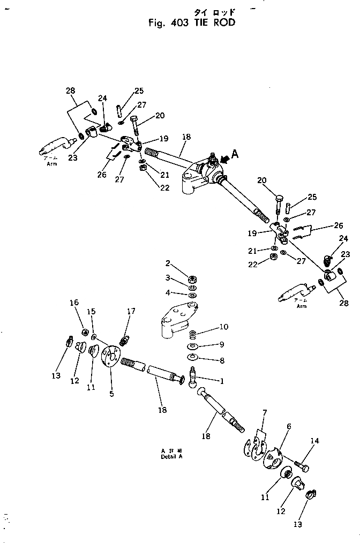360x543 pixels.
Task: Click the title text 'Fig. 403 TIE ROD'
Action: pos(191,23)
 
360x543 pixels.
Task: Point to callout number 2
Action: pos(168,264)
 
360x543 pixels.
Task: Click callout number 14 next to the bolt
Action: pos(314,441)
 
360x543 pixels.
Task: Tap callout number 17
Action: pos(131,311)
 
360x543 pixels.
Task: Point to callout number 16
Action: pos(74,303)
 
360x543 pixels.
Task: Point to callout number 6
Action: pos(289,426)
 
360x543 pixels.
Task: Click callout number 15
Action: pos(91,311)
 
